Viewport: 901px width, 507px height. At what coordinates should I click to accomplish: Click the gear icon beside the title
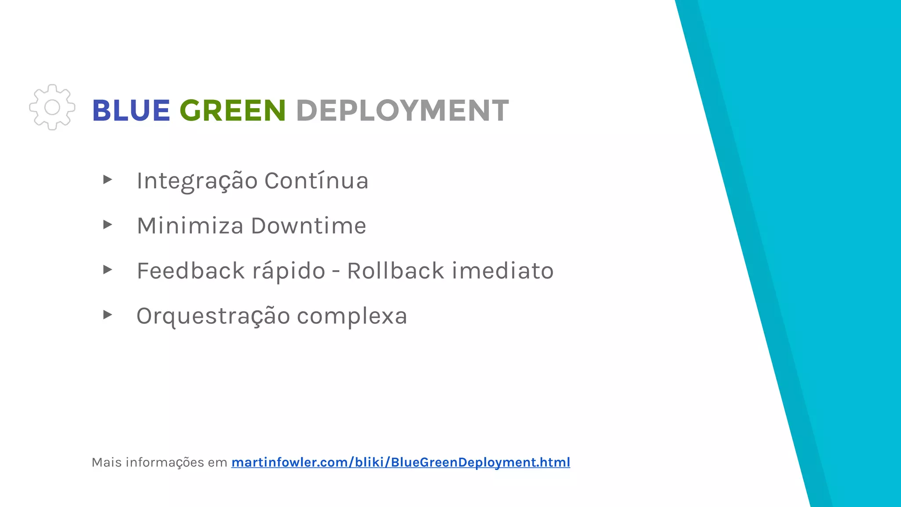point(52,107)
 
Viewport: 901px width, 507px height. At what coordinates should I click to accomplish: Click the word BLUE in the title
point(131,110)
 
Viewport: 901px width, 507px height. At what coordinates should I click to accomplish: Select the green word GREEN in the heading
point(233,110)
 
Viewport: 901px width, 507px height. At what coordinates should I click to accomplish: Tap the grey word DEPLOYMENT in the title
point(402,110)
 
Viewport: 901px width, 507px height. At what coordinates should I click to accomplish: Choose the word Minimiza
point(190,226)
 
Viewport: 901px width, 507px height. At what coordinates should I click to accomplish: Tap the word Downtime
point(308,226)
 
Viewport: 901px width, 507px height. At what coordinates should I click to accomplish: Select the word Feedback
point(190,271)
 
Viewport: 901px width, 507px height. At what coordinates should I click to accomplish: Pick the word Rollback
point(396,271)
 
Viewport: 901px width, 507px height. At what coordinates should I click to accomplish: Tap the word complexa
point(352,316)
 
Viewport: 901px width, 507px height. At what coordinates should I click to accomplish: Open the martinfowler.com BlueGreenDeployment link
point(400,462)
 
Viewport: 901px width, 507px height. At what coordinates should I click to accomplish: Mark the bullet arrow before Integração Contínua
point(107,180)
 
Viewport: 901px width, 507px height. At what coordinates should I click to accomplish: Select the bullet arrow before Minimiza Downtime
point(107,225)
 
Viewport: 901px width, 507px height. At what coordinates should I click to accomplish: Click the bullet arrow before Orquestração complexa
point(107,315)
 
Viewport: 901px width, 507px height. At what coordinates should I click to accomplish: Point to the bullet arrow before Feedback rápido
point(107,270)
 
